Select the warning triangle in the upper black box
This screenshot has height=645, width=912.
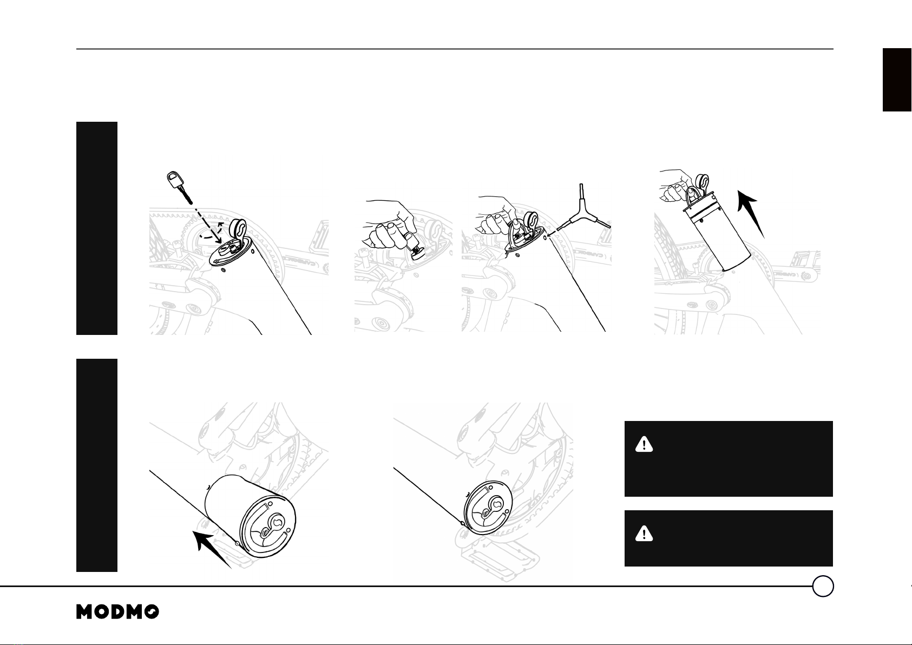644,444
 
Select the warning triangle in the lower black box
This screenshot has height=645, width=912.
644,534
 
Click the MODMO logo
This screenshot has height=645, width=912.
117,611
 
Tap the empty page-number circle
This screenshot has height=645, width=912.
823,586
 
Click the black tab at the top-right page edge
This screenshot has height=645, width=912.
896,80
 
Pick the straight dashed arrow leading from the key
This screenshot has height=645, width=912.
206,221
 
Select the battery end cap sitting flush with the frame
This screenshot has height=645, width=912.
488,508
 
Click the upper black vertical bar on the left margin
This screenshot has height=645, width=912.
97,228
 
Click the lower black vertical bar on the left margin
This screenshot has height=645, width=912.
97,465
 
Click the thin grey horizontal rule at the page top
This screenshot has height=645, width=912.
455,49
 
